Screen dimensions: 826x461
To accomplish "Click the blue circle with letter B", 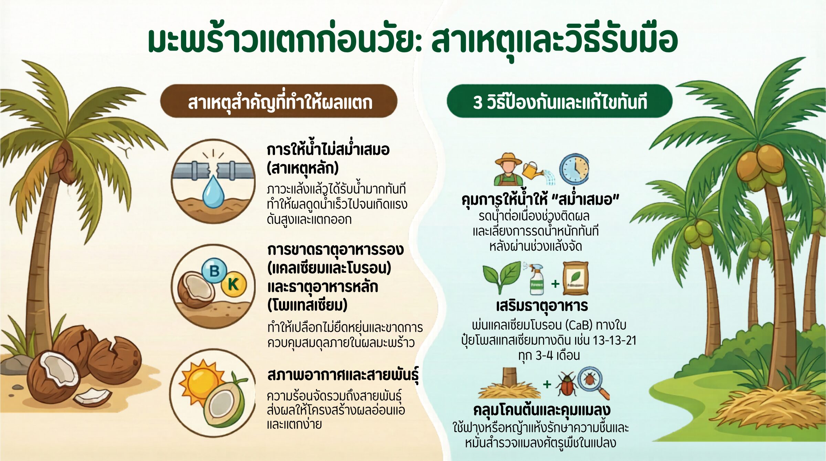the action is [214, 271].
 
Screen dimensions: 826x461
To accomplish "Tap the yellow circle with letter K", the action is [234, 284].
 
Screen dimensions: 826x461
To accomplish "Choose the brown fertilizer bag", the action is [575, 278].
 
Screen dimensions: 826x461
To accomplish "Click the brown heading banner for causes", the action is [279, 101].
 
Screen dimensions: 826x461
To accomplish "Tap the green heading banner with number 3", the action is [560, 101].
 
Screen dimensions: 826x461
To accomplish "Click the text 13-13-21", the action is [614, 340].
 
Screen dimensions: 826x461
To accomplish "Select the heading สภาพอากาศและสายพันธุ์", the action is [343, 375].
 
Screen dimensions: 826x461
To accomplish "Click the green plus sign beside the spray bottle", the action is [555, 284].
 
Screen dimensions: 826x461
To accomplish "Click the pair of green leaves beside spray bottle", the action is [502, 276].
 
